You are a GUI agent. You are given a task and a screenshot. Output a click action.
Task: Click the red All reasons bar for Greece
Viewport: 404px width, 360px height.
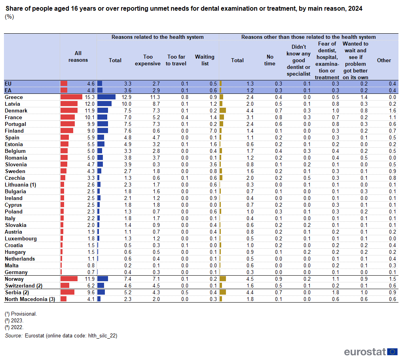pyautogui.click(x=71, y=97)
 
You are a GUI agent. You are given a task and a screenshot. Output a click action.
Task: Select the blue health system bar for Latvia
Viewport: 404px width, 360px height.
pyautogui.click(x=104, y=104)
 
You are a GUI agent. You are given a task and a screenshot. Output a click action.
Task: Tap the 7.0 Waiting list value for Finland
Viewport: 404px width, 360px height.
pyautogui.click(x=213, y=131)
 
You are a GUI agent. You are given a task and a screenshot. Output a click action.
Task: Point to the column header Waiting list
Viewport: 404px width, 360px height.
pyautogui.click(x=205, y=60)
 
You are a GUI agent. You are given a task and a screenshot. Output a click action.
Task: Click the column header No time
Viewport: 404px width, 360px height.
pyautogui.click(x=270, y=60)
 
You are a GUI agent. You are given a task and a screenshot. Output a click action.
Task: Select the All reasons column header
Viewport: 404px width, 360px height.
pyautogui.click(x=78, y=57)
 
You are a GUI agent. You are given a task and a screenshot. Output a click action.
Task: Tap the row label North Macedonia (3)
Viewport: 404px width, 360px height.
pyautogui.click(x=30, y=299)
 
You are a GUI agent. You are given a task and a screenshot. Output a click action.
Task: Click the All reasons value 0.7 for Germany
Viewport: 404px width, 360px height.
pyautogui.click(x=91, y=272)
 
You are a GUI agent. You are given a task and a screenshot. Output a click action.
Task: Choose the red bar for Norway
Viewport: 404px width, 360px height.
pyautogui.click(x=69, y=279)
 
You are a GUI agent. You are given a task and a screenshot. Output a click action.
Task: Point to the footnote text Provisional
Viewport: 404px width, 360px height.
pyautogui.click(x=24, y=314)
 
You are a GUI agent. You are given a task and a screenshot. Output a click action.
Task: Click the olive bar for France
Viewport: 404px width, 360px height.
pyautogui.click(x=222, y=117)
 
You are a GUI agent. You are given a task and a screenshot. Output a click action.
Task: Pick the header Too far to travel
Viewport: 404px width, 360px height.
pyautogui.click(x=176, y=60)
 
